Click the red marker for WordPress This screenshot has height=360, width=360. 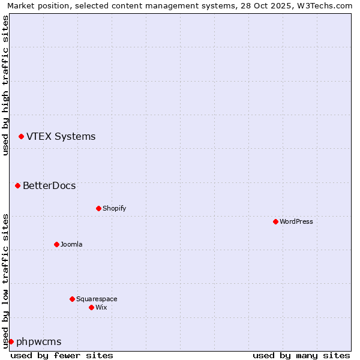coord(275,221)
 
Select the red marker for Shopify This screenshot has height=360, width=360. coord(98,208)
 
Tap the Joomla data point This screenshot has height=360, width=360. coord(56,244)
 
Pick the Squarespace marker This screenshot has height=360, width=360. coord(72,299)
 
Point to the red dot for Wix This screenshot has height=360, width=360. coord(91,307)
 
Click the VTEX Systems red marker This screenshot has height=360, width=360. coord(21,136)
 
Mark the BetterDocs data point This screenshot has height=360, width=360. coord(17,185)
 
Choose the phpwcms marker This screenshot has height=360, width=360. coord(11,341)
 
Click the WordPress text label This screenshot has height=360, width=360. coord(296,221)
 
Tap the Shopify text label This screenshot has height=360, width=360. coord(114,208)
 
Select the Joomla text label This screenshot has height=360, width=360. coord(71,244)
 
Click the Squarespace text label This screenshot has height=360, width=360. coord(97,299)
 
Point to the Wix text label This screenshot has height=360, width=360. coord(101,307)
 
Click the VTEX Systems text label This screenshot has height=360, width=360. coord(61,136)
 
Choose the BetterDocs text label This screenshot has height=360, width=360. coord(49,185)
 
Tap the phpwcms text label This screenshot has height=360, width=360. coord(38,341)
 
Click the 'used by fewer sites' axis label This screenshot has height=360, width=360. coord(62,355)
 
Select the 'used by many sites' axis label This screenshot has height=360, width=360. coord(301,355)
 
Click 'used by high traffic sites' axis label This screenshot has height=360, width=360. coord(5,85)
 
